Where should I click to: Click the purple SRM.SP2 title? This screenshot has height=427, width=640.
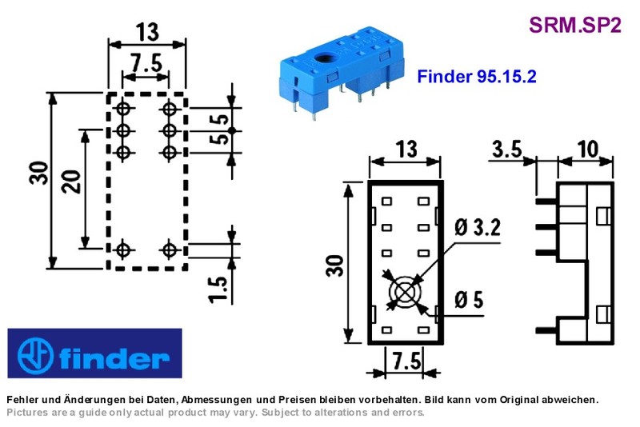point(574,25)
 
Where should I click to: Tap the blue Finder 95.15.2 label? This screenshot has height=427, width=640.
point(476,76)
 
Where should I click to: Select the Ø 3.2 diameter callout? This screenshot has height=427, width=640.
point(477,228)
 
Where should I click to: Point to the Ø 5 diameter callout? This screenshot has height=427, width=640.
point(469,300)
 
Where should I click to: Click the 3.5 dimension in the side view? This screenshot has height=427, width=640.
point(507,150)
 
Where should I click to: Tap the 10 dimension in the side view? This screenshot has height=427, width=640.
point(588,150)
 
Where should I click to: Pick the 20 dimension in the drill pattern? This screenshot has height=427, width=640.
point(70,182)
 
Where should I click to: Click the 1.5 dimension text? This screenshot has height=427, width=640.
point(218,289)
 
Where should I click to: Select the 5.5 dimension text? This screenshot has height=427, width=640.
point(219,130)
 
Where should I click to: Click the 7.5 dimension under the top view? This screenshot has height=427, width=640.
point(406,361)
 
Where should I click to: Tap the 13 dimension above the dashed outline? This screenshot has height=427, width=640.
point(147,32)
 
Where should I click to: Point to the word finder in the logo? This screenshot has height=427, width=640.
point(114,357)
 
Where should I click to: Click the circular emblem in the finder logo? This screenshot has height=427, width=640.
point(35,355)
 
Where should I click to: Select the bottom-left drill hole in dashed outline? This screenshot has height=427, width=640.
point(123,249)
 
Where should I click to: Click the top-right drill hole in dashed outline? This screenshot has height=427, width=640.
point(170,109)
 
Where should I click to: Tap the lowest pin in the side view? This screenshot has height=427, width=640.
point(546,330)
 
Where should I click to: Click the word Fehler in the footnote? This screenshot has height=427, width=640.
point(22,400)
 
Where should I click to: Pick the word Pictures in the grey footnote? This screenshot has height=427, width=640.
point(27,413)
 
